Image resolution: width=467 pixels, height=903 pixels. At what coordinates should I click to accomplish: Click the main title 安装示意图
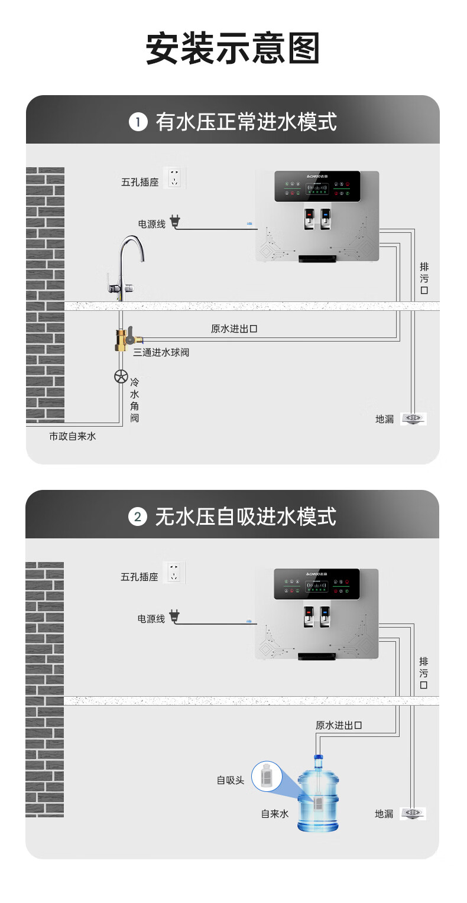click(x=233, y=49)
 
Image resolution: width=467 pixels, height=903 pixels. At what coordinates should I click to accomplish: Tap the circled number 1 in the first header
click(x=138, y=122)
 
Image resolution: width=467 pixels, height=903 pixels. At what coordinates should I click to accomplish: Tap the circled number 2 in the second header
click(x=138, y=517)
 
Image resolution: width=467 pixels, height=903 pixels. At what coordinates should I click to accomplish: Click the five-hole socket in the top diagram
click(x=174, y=178)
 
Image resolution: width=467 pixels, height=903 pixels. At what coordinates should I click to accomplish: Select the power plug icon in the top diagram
click(x=174, y=222)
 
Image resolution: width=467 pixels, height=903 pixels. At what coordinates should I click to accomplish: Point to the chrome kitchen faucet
click(x=127, y=266)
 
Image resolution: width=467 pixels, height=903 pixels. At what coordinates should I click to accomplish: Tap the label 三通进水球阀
click(x=161, y=352)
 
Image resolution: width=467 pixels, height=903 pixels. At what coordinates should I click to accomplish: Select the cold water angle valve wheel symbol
click(x=121, y=376)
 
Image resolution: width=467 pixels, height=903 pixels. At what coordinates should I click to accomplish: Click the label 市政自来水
click(x=72, y=436)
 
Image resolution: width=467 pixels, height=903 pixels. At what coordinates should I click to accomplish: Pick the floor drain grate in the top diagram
click(x=413, y=418)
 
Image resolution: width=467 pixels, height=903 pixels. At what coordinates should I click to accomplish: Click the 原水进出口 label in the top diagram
click(x=234, y=329)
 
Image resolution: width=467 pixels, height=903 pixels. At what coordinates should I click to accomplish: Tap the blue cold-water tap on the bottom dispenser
click(x=325, y=613)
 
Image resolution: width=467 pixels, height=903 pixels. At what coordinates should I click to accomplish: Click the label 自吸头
click(x=231, y=780)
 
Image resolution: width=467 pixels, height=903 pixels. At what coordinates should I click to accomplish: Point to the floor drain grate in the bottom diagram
click(x=413, y=813)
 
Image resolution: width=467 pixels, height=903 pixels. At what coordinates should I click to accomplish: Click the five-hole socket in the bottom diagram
click(x=174, y=573)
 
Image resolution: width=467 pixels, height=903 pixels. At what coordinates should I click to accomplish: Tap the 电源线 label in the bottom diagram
click(x=151, y=619)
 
